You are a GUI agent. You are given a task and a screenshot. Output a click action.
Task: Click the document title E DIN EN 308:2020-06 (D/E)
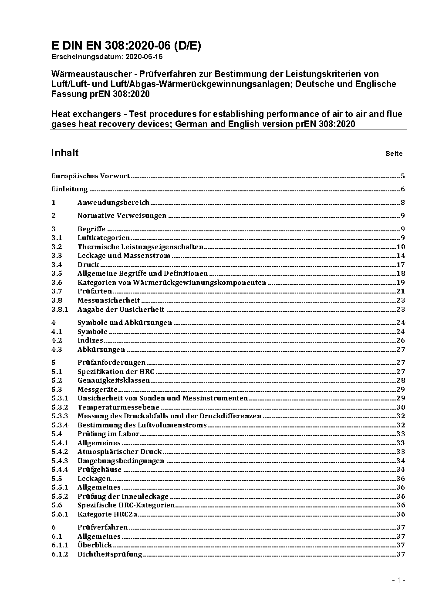tap(126, 46)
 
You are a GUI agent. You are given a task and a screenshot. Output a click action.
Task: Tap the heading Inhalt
tap(65, 153)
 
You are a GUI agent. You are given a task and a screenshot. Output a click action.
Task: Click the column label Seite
tap(394, 153)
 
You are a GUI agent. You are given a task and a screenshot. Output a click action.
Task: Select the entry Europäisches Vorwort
tap(91, 176)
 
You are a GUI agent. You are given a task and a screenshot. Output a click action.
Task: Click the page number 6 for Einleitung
tap(403, 189)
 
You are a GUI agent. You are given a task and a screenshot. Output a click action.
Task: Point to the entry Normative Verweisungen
tap(122, 216)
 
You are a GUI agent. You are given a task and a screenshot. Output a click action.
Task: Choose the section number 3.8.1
tap(60, 310)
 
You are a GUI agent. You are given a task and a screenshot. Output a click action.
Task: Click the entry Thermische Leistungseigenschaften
tap(140, 247)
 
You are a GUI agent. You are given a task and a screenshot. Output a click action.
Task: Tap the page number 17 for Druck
tap(401, 265)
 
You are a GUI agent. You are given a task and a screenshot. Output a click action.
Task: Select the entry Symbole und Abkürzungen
tap(125, 323)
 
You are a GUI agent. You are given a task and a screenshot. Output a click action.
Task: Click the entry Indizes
tap(90, 340)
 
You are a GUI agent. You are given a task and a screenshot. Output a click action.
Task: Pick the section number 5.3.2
tap(60, 407)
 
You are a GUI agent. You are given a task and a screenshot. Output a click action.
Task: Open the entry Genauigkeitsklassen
tap(114, 380)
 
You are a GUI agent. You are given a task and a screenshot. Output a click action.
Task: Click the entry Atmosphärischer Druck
tap(119, 452)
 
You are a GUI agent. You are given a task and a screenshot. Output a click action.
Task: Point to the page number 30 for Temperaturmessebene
tap(401, 407)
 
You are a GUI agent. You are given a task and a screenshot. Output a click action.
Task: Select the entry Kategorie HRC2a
tap(107, 514)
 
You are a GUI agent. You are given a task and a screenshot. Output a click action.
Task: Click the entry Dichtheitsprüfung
tap(110, 554)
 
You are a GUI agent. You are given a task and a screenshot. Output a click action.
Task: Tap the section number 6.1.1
tap(60, 545)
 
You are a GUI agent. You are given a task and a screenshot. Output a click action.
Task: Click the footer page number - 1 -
tap(398, 580)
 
